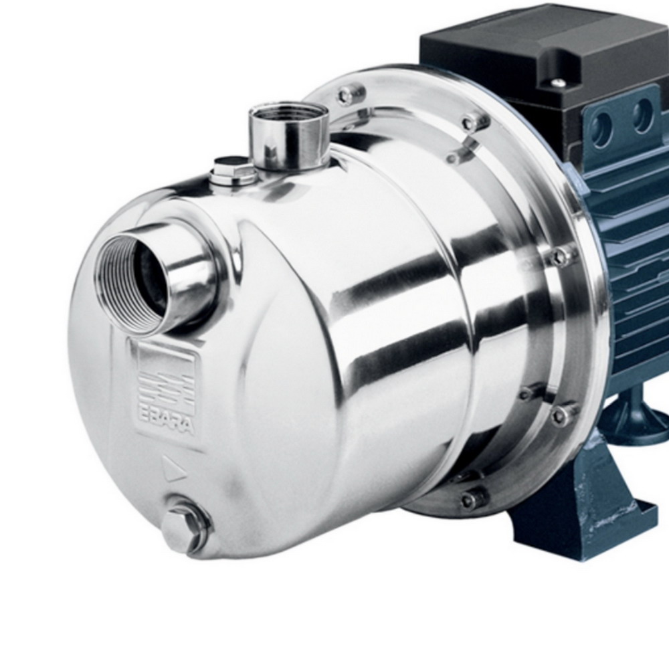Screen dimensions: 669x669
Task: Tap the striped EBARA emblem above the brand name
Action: (x=167, y=387)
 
